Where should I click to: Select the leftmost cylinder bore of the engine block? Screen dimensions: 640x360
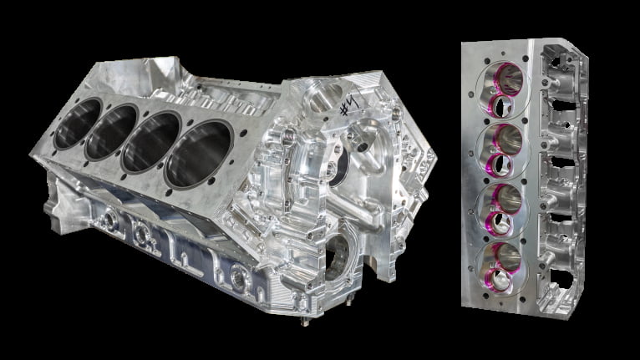(78, 124)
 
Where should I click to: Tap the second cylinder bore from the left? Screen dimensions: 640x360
(111, 132)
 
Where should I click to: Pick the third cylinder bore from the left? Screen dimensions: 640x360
(151, 142)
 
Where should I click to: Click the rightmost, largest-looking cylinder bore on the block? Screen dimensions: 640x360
(199, 155)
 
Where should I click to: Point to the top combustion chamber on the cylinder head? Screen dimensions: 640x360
(503, 90)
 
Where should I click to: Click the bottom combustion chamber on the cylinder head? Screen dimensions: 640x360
(501, 268)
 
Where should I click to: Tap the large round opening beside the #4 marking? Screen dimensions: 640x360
(327, 97)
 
